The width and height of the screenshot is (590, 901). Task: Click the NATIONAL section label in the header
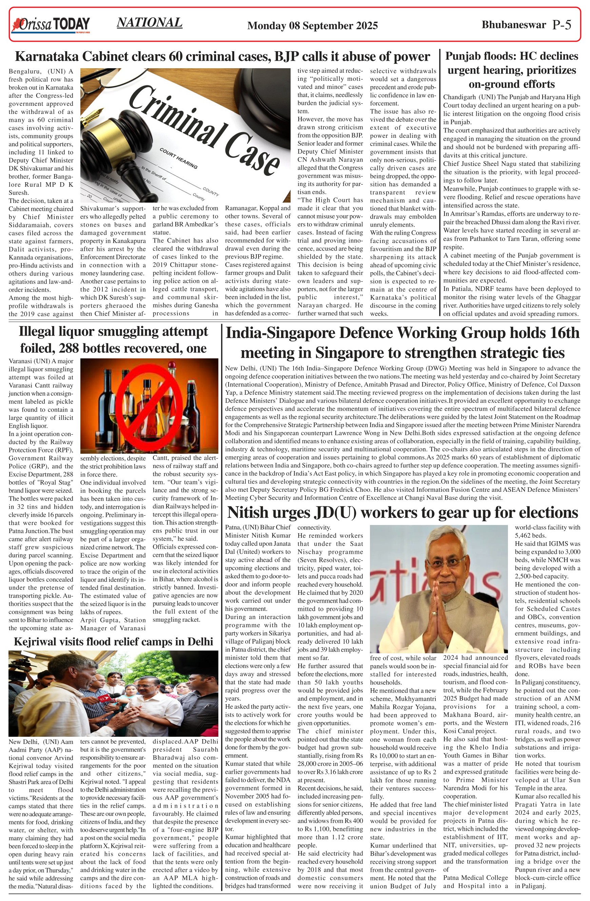pyautogui.click(x=150, y=23)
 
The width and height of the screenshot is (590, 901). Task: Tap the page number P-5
pyautogui.click(x=561, y=25)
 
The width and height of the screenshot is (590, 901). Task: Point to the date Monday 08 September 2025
pyautogui.click(x=312, y=26)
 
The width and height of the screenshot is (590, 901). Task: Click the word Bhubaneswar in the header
pyautogui.click(x=514, y=25)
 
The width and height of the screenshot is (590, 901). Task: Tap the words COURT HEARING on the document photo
pyautogui.click(x=178, y=158)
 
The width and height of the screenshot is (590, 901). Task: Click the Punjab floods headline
pyautogui.click(x=511, y=70)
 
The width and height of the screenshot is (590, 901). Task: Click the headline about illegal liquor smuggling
pyautogui.click(x=114, y=340)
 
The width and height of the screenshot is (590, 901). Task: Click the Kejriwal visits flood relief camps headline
pyautogui.click(x=114, y=641)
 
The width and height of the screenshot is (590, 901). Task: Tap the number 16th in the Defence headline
pyautogui.click(x=563, y=333)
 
